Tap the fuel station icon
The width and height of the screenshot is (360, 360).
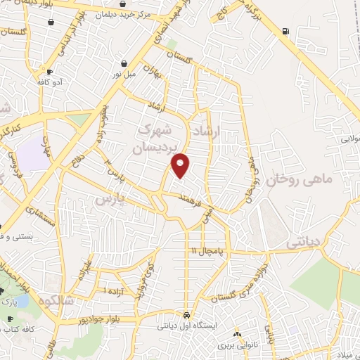point(284,31)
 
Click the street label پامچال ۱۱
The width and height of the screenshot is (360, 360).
point(205,251)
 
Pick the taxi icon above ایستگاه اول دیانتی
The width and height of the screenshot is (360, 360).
point(186,315)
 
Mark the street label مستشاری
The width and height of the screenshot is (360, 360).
point(41,218)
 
